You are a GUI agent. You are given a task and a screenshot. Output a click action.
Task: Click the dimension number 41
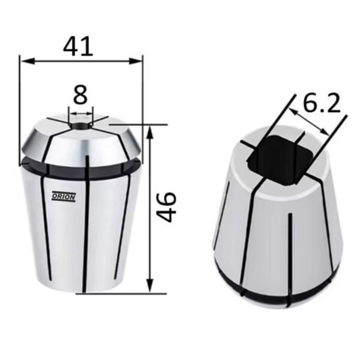78,47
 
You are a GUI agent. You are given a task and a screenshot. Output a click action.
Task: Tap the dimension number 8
80,95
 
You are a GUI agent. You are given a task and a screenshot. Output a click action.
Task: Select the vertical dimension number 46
166,207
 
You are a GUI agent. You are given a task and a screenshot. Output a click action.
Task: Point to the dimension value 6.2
322,103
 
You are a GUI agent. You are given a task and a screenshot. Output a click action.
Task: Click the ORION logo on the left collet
64,197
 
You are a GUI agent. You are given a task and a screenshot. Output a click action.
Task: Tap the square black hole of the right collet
280,160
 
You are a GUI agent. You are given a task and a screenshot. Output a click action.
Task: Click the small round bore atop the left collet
81,126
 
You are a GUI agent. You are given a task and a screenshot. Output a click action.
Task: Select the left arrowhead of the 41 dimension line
28,61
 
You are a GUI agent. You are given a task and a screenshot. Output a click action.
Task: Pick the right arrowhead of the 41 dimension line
136,61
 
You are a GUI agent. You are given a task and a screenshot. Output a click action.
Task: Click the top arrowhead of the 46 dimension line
149,133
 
